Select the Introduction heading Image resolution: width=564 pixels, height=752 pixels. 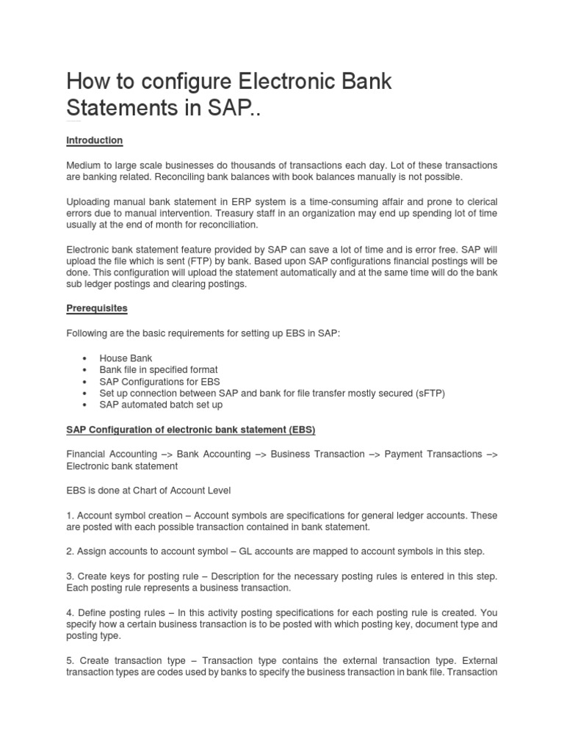coord(95,140)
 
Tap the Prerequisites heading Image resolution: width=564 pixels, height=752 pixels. coord(97,309)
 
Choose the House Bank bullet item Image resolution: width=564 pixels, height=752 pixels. coord(126,358)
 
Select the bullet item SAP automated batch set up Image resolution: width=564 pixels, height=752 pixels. coord(161,405)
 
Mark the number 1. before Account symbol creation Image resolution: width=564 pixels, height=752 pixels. coord(70,516)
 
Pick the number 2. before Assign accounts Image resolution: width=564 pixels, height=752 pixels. coord(70,552)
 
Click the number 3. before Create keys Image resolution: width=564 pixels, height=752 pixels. coord(70,576)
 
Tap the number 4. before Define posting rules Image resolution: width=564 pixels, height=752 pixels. coord(70,612)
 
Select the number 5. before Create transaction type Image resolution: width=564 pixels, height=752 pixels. coord(70,660)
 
